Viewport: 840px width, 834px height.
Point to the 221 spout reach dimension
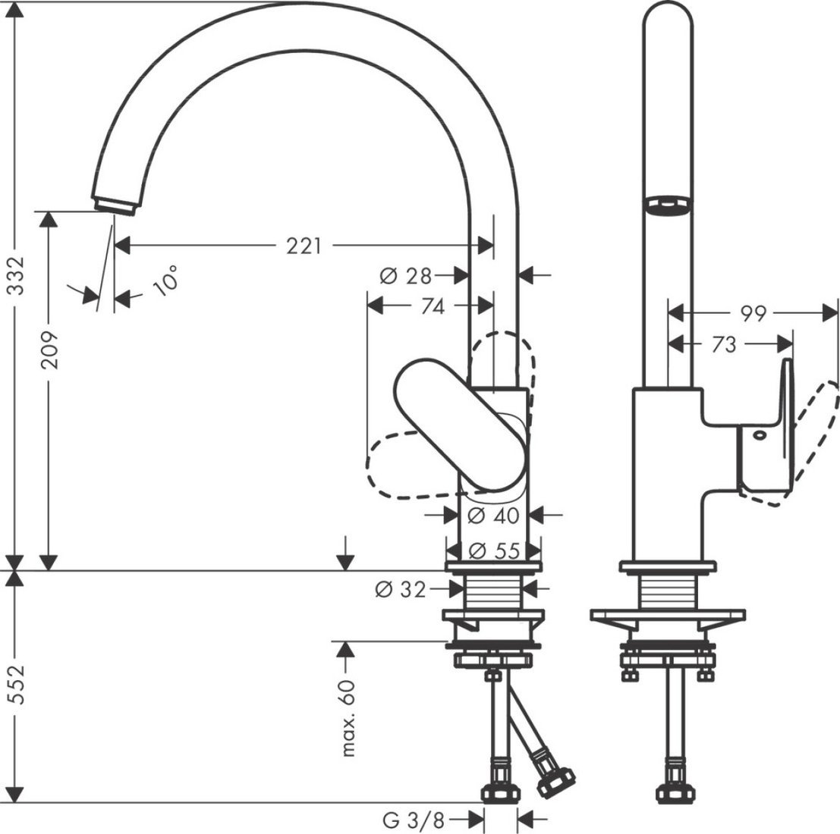pyautogui.click(x=304, y=246)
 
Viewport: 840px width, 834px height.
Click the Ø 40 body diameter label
pyautogui.click(x=493, y=516)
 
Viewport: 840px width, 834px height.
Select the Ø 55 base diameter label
pyautogui.click(x=494, y=550)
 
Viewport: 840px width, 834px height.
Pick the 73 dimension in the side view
pyautogui.click(x=725, y=345)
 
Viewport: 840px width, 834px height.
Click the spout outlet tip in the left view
pyautogui.click(x=115, y=205)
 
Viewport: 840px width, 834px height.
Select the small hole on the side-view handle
pyautogui.click(x=757, y=435)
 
